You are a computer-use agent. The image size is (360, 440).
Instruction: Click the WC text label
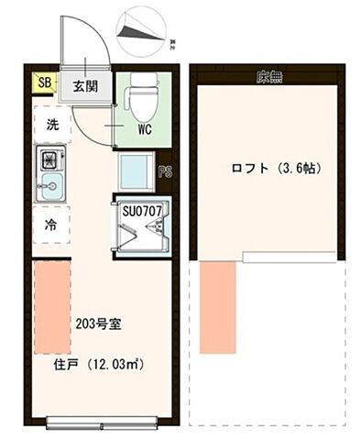coord(145,130)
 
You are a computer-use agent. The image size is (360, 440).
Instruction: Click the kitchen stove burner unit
coord(49,162)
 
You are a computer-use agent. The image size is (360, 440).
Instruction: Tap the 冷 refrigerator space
coord(51,224)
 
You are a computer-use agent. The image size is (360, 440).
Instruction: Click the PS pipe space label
coord(165,171)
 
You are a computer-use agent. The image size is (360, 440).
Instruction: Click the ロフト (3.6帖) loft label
coord(261,169)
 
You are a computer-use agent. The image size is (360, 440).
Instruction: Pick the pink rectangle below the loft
coord(217,308)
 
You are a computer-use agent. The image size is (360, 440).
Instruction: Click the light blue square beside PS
coord(136,171)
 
